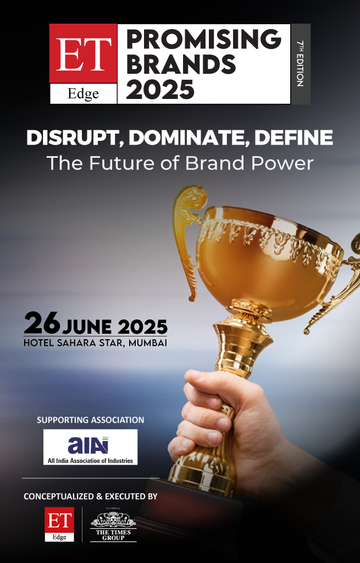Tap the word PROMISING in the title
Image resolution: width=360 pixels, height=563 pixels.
(203, 39)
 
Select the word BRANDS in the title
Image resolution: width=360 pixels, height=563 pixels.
(181, 64)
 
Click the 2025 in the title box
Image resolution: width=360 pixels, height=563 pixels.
(160, 90)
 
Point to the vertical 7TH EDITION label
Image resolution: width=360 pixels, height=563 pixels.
(300, 64)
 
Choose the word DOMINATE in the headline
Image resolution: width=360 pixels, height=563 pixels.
(189, 138)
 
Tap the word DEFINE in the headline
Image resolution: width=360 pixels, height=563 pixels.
(293, 137)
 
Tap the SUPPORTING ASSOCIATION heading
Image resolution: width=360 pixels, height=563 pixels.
(91, 420)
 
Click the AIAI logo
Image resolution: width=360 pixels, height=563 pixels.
(91, 447)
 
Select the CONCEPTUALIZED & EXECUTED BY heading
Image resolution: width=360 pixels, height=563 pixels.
(91, 496)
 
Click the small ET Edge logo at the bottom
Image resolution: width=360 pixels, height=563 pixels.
(59, 524)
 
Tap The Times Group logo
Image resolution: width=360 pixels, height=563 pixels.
(113, 525)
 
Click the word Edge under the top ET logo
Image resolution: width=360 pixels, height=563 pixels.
(83, 93)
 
